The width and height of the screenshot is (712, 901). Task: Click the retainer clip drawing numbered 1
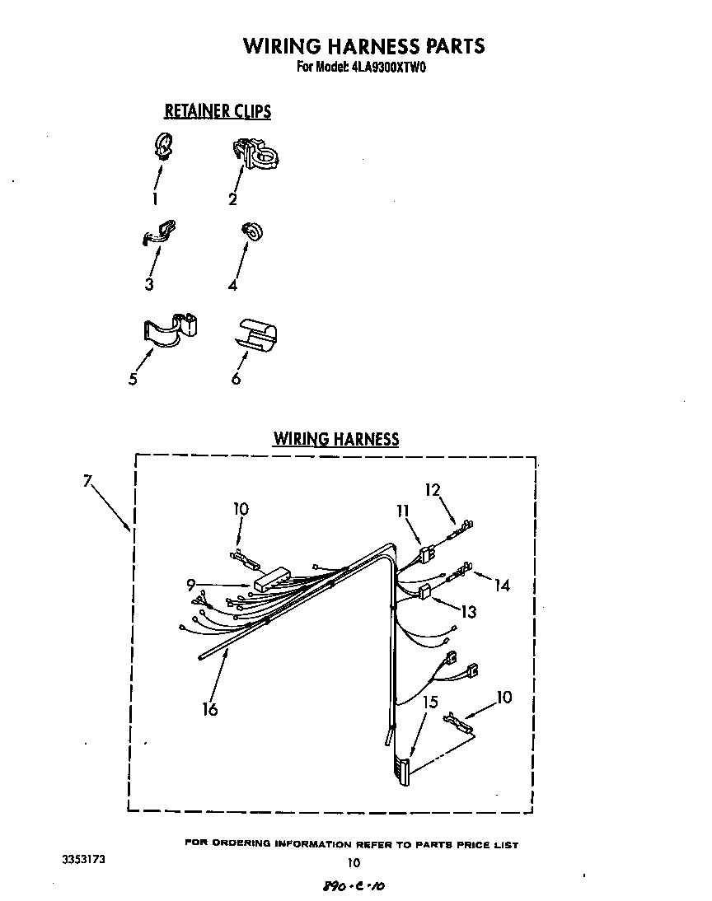[163, 147]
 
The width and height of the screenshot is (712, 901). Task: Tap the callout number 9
[190, 586]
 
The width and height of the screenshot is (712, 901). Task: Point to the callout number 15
[429, 702]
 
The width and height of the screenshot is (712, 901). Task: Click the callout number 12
[433, 489]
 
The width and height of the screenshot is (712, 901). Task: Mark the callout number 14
[502, 586]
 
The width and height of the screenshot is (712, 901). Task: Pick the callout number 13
[468, 612]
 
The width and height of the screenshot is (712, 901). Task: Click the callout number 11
[402, 511]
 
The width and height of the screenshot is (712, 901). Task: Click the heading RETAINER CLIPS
[218, 110]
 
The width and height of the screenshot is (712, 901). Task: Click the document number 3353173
[83, 859]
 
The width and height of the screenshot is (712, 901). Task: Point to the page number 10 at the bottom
[354, 863]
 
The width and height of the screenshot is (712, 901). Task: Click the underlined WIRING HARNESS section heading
[336, 439]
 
